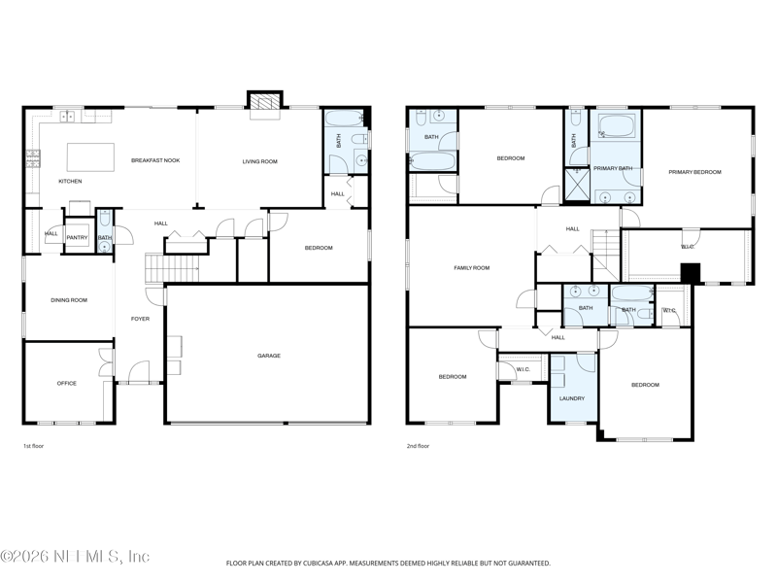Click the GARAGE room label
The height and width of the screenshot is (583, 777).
(x=269, y=356)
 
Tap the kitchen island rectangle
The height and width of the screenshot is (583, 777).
(x=89, y=157)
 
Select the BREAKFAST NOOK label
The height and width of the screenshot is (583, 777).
(x=155, y=160)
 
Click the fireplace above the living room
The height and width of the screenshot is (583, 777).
(x=264, y=102)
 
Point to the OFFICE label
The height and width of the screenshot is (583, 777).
(x=66, y=383)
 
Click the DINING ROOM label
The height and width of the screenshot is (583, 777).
(x=69, y=300)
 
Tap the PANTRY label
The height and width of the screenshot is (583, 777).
(x=78, y=237)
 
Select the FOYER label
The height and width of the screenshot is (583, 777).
(x=141, y=319)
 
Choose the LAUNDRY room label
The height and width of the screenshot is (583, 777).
(x=572, y=398)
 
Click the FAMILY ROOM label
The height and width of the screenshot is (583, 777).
(x=472, y=267)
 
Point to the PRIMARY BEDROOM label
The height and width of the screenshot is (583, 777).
(x=694, y=172)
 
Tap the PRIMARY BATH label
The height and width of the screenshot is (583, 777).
(x=613, y=168)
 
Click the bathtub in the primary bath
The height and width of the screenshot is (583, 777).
(x=616, y=126)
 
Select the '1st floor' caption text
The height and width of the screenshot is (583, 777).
(x=34, y=446)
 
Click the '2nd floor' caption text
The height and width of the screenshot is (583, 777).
(x=418, y=446)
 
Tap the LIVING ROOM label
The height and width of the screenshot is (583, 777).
(x=260, y=161)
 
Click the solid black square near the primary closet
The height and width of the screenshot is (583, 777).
(x=690, y=274)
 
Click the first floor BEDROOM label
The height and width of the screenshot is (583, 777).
(x=319, y=248)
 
